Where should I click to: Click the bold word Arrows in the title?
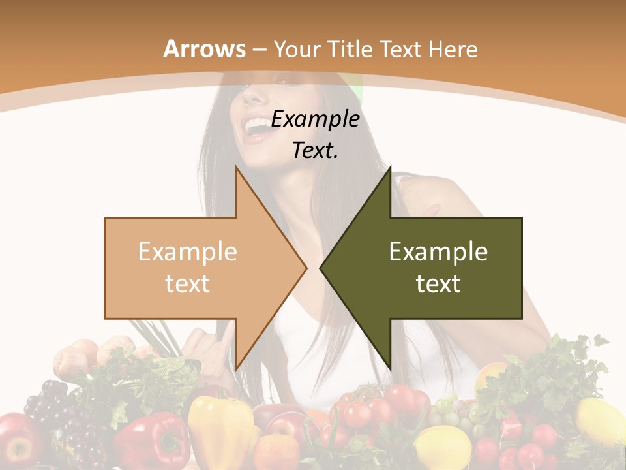tap(205, 49)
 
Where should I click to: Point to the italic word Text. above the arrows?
tap(315, 150)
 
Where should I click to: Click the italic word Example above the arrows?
tap(315, 119)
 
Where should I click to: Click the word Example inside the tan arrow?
tap(188, 252)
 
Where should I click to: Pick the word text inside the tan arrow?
tap(188, 284)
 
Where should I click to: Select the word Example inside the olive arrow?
tap(438, 252)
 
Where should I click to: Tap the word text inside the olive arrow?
tap(438, 284)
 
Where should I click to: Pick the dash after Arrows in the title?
tap(259, 50)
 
